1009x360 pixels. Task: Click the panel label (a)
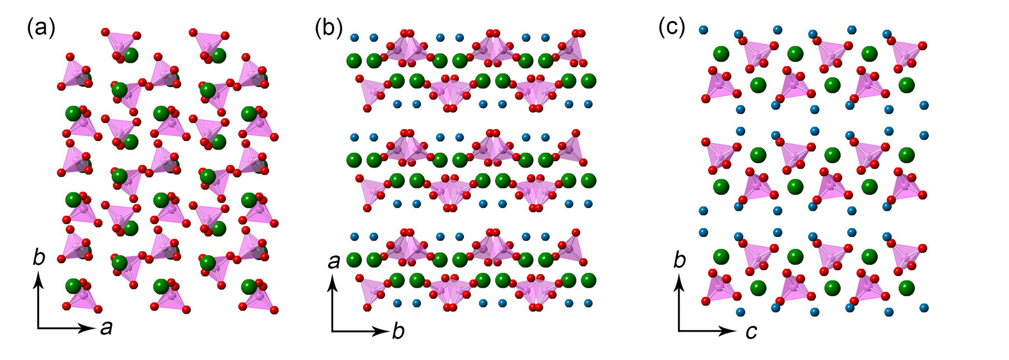(41, 28)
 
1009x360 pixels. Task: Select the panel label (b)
(329, 28)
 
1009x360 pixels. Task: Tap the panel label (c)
(672, 27)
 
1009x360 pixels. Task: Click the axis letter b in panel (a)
(38, 258)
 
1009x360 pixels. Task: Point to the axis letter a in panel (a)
(106, 328)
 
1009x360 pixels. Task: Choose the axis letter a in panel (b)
(334, 260)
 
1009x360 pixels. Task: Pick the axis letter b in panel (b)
(398, 331)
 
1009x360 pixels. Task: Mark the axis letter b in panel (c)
(680, 260)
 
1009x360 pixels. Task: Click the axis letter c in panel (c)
(751, 332)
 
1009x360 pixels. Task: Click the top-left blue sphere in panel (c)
(703, 29)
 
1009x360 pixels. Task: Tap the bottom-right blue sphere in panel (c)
(924, 307)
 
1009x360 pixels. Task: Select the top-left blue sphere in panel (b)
(354, 38)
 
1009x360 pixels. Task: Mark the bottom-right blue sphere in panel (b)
(588, 303)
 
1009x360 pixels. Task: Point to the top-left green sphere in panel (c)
(721, 54)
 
